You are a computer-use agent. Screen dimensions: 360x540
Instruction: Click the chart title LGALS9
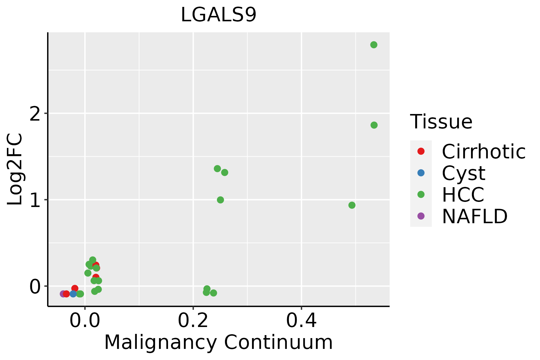point(218,15)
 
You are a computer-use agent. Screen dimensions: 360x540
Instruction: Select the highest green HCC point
point(374,45)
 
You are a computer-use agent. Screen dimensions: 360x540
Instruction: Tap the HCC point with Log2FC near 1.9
point(374,125)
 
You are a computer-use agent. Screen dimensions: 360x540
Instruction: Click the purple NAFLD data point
point(63,294)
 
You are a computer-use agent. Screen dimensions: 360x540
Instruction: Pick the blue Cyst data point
point(73,294)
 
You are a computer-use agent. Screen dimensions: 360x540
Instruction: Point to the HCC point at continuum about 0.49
point(352,205)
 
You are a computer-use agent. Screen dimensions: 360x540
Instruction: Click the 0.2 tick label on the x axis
point(193,321)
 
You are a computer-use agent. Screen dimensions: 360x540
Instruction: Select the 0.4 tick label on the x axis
point(301,321)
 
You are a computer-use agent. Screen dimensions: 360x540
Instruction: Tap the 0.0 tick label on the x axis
point(85,321)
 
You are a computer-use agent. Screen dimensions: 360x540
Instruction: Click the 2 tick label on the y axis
point(35,114)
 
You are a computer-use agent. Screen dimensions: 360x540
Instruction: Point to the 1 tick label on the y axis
point(35,200)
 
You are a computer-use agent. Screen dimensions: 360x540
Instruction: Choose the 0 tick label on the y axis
point(35,287)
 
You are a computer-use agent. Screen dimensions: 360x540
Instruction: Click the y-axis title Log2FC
point(15,169)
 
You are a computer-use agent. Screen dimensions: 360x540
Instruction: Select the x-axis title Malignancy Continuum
point(218,343)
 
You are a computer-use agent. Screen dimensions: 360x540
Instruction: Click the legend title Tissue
point(441,122)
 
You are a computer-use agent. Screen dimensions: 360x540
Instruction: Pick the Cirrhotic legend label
point(484,151)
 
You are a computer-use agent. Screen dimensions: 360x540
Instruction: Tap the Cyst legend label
point(463,173)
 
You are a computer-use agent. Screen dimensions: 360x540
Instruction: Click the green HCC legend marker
point(421,194)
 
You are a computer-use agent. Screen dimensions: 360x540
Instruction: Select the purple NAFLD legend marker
point(421,216)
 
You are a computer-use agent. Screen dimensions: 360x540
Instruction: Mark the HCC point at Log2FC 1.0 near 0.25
point(220,200)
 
